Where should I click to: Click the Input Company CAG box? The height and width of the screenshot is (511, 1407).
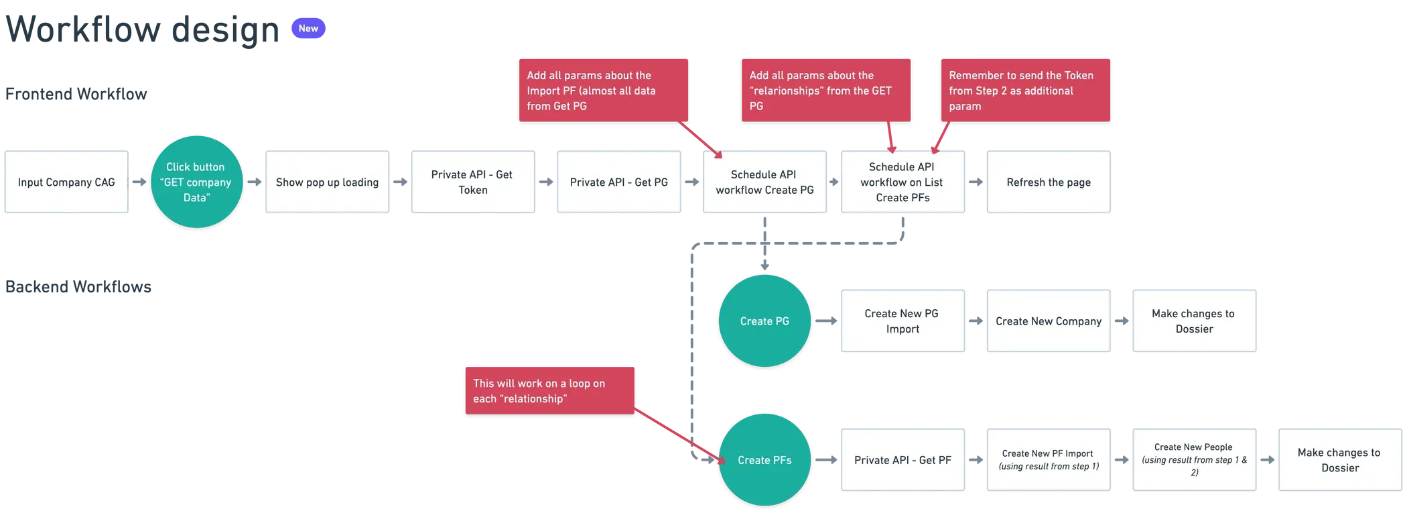[66, 182]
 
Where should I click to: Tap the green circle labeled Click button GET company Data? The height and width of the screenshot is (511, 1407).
[196, 182]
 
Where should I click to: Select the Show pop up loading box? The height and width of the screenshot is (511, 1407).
[327, 182]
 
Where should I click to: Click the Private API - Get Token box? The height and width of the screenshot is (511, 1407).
[472, 182]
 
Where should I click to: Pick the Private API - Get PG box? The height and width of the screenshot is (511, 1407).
[618, 182]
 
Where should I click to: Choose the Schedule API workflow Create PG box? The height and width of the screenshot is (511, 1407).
[764, 182]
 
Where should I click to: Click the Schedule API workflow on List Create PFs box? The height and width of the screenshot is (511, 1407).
[902, 182]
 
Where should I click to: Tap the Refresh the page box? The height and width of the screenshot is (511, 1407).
[1048, 182]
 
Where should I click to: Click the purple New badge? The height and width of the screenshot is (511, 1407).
[308, 28]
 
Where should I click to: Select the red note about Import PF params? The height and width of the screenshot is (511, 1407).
[603, 91]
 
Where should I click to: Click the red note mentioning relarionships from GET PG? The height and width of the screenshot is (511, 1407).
[825, 91]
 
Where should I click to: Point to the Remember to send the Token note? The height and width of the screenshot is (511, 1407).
[1025, 91]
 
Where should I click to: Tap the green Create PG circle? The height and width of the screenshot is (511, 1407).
[764, 321]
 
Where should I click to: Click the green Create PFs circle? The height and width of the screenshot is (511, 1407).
[764, 460]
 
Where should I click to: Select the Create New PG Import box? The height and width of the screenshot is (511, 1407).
[902, 321]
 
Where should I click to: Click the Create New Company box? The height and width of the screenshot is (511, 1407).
[1048, 321]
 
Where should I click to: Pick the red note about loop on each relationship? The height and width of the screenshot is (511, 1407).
[549, 391]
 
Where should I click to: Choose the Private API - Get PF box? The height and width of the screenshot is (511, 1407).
[902, 460]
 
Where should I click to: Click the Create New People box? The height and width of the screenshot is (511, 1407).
[1194, 460]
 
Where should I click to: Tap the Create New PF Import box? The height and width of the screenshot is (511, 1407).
[1048, 460]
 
